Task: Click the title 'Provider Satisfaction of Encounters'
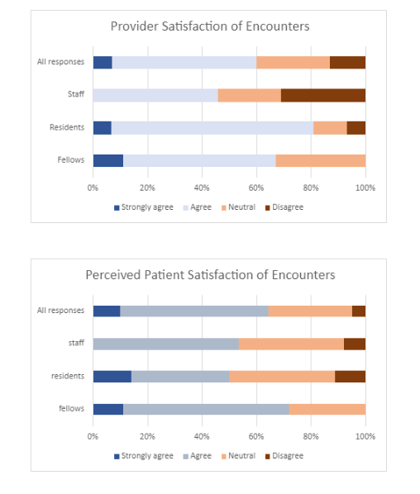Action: point(210,26)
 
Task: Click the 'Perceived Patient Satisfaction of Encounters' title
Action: point(210,275)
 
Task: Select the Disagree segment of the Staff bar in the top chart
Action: point(323,95)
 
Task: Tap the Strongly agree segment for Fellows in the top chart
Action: point(108,161)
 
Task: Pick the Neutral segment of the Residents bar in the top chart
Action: point(330,128)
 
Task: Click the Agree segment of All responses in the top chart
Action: point(184,63)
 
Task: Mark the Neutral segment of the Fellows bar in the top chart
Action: point(321,161)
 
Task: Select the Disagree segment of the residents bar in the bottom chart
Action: point(351,377)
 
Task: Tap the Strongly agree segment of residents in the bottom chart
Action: point(112,377)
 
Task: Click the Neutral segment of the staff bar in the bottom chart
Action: point(291,344)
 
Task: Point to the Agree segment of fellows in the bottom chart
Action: point(206,409)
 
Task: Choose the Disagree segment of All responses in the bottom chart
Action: point(359,311)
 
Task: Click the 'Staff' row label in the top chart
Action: point(76,94)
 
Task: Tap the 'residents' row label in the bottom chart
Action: point(68,376)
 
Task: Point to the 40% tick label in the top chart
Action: point(202,188)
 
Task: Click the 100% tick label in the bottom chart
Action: point(365,437)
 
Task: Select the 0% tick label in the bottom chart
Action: point(93,437)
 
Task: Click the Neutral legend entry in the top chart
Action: point(238,207)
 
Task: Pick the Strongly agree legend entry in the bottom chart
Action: point(144,456)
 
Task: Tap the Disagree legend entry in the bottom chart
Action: point(284,456)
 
